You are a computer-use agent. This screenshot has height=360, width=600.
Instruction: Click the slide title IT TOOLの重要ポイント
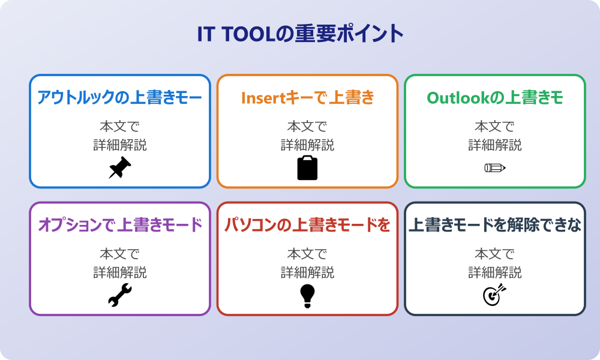pos(300,34)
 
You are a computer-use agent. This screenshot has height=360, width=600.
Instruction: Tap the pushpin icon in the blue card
pos(120,168)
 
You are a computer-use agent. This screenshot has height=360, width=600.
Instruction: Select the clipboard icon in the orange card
pos(307,168)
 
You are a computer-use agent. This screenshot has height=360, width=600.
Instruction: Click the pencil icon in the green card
pos(494,168)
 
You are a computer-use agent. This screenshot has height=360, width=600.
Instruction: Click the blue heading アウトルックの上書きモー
pos(120,97)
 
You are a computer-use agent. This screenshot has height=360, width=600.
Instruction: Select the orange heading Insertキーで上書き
pos(307,97)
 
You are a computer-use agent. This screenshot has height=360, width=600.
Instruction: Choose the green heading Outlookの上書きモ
pos(494,97)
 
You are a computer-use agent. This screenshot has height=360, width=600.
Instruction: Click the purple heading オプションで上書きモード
pos(120,225)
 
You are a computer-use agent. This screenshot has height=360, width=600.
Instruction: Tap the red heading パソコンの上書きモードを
pos(307,225)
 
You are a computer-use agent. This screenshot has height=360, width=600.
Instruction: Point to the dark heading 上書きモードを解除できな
pos(494,225)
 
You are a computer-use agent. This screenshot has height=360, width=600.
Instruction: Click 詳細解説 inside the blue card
pos(120,145)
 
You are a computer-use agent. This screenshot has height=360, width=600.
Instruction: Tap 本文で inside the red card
pos(307,254)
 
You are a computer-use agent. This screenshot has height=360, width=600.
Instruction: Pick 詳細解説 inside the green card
pos(494,145)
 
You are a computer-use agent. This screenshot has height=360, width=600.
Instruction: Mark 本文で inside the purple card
pos(120,254)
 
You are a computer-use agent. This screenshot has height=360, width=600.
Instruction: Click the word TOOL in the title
pos(246,34)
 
